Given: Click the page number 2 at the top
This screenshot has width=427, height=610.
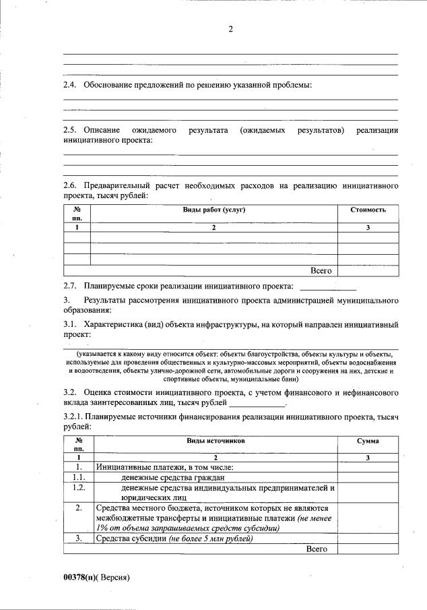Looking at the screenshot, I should pos(230,29).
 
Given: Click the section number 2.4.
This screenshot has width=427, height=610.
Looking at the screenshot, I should pos(70,85).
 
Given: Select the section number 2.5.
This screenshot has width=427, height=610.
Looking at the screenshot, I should pos(70,129).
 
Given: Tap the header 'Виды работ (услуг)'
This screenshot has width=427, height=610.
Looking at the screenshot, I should pos(213,210).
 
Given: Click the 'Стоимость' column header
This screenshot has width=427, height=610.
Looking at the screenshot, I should pos(368,210).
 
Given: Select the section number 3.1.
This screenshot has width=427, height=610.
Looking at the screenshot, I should pos(70,325).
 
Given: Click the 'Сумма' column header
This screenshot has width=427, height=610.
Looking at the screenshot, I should pos(368,440).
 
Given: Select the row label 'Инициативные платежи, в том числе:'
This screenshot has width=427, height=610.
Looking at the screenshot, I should pos(164,467).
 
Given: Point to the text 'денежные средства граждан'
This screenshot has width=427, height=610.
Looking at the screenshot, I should pos(172,477).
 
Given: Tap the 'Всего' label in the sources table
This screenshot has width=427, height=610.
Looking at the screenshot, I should pos(316,549).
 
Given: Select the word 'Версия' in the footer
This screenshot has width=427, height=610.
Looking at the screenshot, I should pos(114,578).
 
